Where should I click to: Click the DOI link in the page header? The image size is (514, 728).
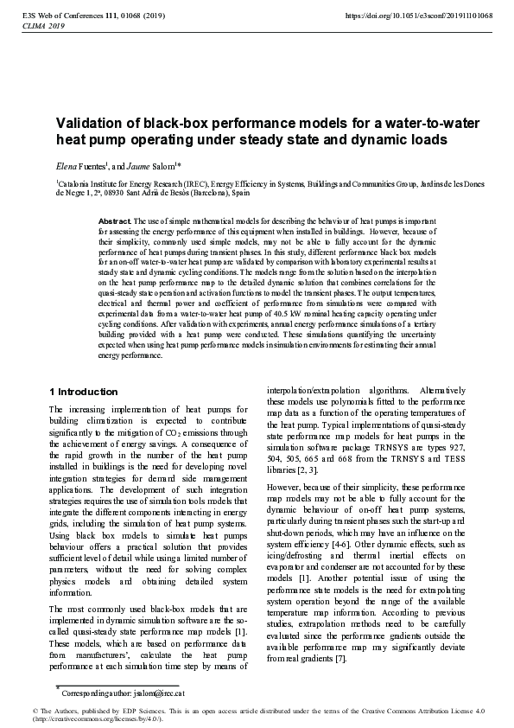(419, 16)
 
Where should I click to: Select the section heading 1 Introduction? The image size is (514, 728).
(85, 392)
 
